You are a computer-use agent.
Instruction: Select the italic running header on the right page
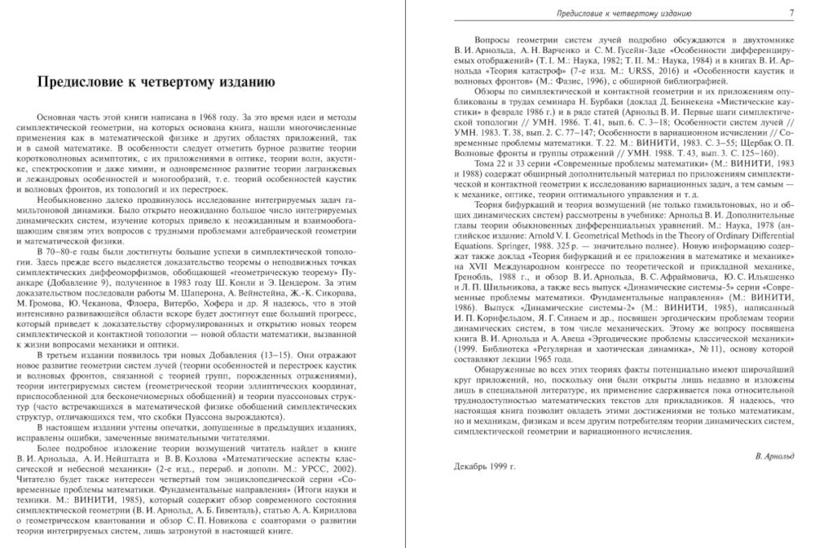(624, 13)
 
